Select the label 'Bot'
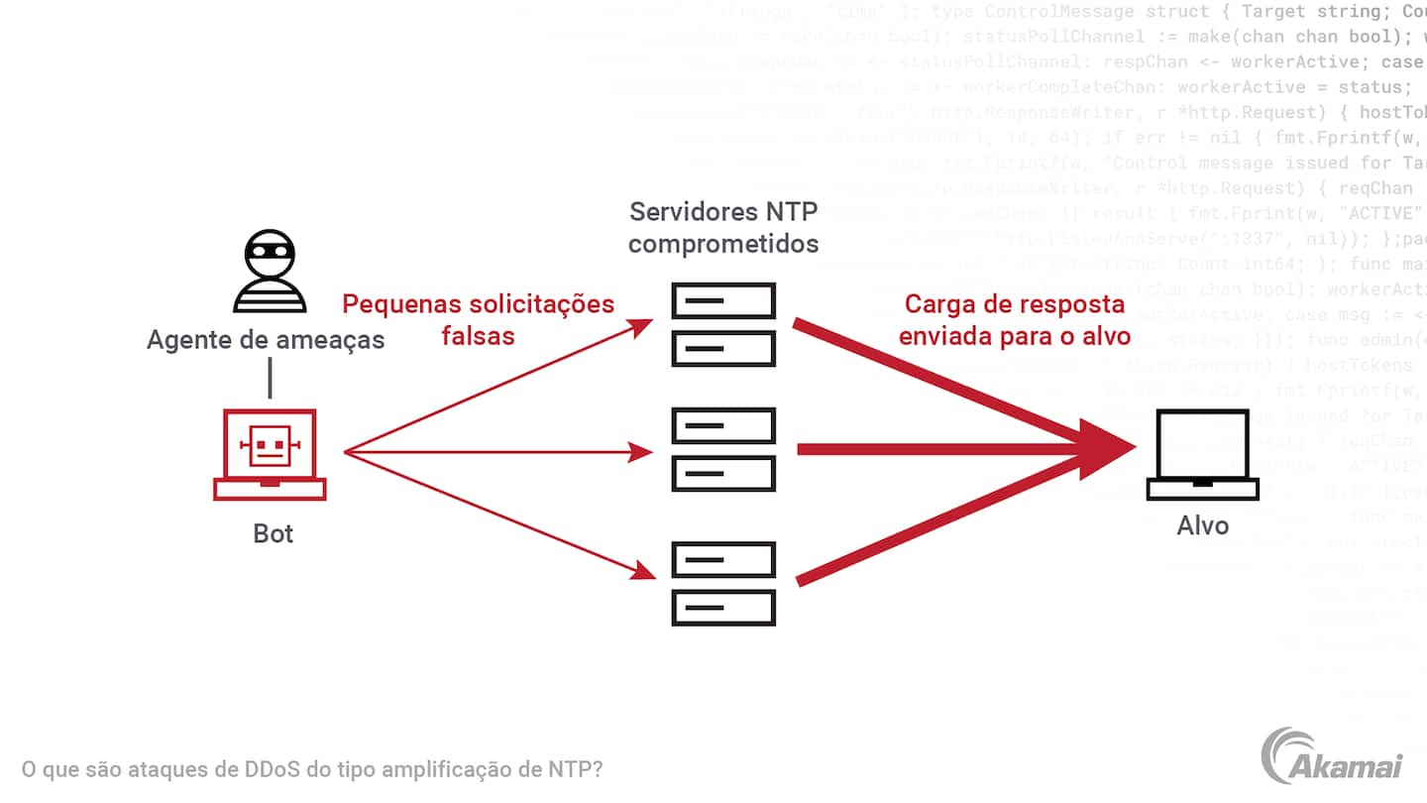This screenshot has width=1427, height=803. coord(274,533)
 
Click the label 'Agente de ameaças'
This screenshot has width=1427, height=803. coord(266,340)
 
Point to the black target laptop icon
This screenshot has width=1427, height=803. coord(1202,456)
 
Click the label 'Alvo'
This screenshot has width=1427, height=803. coord(1202,524)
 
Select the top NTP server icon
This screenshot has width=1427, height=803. coord(723,324)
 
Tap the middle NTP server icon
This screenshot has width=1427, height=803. coord(723,450)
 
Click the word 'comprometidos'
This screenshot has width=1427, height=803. coord(723,243)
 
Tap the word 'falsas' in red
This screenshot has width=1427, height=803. coord(479,335)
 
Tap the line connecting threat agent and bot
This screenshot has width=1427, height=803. coord(270,379)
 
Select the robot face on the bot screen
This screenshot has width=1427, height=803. coord(270,444)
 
